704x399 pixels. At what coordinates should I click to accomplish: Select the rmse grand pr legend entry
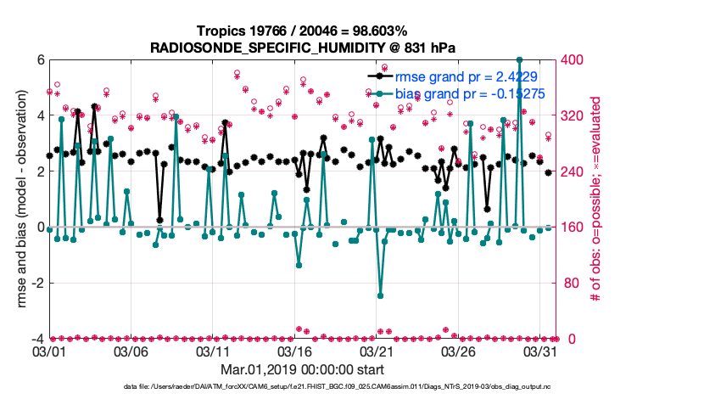coord(467,76)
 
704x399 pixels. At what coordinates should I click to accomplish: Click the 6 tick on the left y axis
coord(39,59)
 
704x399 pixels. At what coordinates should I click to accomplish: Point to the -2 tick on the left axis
coord(36,283)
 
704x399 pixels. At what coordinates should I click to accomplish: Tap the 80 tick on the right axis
coord(569,283)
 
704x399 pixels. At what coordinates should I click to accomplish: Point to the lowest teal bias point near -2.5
coord(380,295)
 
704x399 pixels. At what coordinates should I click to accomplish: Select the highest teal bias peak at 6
coord(519,60)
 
